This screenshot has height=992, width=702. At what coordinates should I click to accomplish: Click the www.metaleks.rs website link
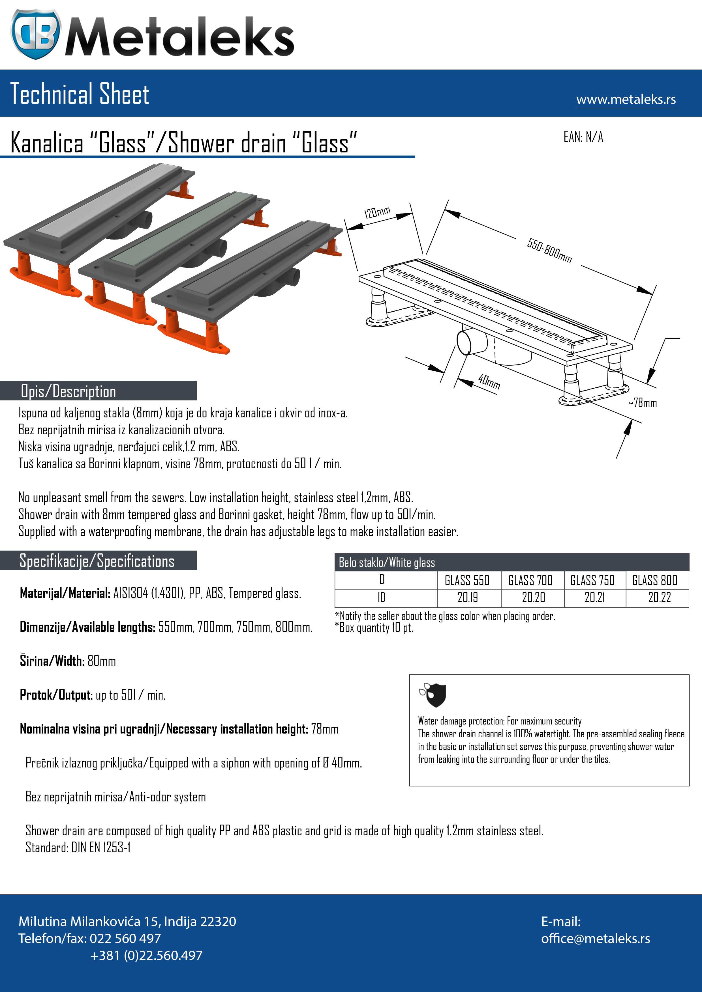click(626, 99)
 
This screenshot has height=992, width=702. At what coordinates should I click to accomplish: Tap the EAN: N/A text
click(583, 137)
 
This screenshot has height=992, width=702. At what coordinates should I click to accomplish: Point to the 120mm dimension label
click(377, 213)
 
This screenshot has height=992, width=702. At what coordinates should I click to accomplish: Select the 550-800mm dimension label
click(549, 251)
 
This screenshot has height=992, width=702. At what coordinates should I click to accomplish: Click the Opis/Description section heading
click(68, 391)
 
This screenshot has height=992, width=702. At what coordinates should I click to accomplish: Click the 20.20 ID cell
click(533, 598)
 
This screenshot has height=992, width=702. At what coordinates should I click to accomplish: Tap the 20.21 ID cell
click(595, 598)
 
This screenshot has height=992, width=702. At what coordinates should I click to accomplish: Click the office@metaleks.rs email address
click(595, 939)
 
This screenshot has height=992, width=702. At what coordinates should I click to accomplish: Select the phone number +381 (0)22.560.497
click(146, 955)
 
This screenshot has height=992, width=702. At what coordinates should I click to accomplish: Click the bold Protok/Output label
click(56, 695)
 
